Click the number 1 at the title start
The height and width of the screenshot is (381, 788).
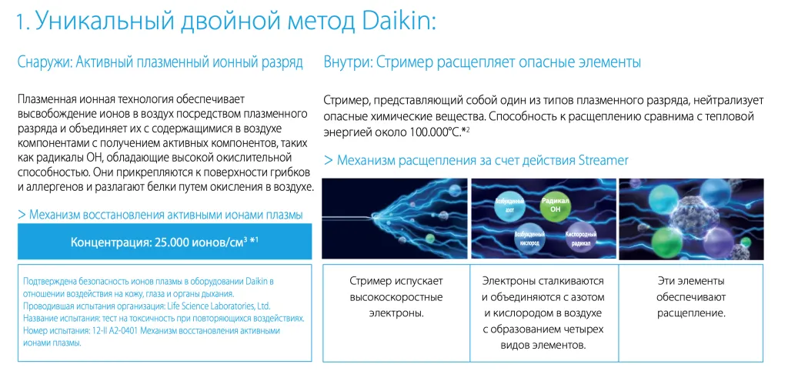coord(20,21)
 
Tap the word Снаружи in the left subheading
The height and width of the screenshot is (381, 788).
coord(44,62)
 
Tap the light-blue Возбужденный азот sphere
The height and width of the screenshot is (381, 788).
coord(508,205)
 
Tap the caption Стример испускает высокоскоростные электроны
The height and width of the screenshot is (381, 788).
coord(396,297)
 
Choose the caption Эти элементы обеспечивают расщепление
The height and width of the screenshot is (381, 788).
coord(691,297)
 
